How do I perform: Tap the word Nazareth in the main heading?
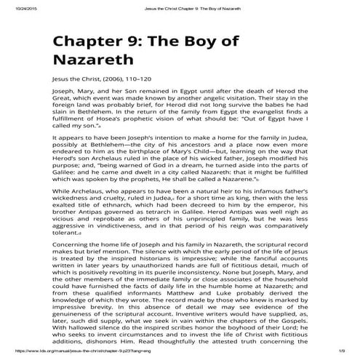[93, 63]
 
